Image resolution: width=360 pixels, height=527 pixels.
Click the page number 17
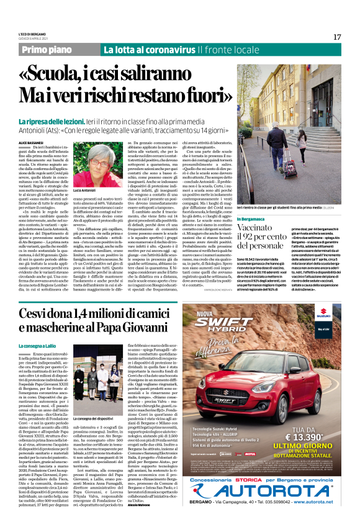click(x=337, y=37)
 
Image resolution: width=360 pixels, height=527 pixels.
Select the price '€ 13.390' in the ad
click(x=304, y=437)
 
